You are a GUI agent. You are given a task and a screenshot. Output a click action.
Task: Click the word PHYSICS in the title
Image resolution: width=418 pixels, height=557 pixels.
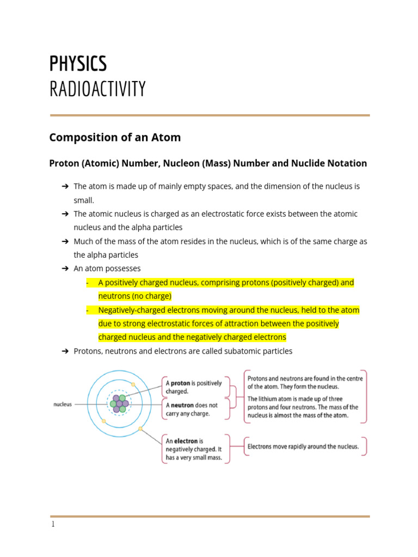click(78, 64)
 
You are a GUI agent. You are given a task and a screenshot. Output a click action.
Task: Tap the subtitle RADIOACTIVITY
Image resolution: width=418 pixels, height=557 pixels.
click(97, 89)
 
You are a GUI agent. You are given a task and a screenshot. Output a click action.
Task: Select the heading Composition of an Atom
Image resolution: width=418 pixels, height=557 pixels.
click(115, 138)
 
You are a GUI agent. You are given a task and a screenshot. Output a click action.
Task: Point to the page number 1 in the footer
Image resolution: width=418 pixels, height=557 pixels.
click(52, 524)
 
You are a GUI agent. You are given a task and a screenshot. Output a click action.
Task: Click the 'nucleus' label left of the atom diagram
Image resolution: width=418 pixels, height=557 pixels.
click(63, 405)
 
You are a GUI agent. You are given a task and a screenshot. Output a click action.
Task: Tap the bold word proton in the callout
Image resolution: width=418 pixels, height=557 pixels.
click(180, 383)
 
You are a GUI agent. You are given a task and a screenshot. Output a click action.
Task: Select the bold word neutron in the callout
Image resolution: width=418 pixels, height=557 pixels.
click(183, 405)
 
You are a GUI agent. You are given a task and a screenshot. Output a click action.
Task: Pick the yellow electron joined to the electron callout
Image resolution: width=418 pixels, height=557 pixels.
click(140, 429)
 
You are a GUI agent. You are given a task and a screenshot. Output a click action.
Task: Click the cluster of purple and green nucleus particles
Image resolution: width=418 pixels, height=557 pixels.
click(120, 404)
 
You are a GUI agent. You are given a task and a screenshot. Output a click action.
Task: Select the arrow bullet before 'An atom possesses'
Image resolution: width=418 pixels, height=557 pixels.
click(65, 269)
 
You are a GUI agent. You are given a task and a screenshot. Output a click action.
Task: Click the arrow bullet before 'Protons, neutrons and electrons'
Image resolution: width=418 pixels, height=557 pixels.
click(65, 351)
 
